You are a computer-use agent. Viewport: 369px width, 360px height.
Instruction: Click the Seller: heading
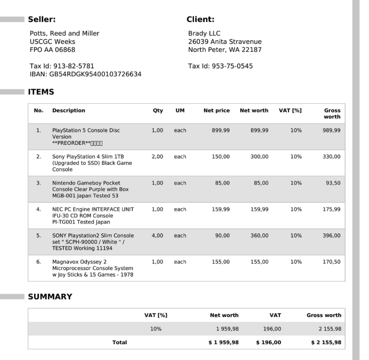click(x=42, y=19)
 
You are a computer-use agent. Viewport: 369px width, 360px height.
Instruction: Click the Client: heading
click(x=200, y=19)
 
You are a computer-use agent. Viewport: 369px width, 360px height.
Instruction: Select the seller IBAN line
click(x=86, y=74)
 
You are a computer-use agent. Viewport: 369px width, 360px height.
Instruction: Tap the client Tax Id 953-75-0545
click(x=220, y=66)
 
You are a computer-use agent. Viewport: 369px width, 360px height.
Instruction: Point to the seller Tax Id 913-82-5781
click(x=62, y=66)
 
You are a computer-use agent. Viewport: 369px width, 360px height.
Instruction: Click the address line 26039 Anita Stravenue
click(x=225, y=42)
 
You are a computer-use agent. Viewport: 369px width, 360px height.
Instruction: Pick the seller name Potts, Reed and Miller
click(x=65, y=33)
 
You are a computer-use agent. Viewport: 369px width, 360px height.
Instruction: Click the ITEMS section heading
click(x=41, y=92)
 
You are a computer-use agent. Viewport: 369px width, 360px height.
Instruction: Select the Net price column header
click(x=217, y=111)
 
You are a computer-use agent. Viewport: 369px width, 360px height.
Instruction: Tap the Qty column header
click(x=158, y=111)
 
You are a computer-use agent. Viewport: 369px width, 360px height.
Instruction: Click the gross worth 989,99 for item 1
click(x=332, y=130)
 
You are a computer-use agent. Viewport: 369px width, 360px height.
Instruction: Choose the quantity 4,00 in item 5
click(x=157, y=236)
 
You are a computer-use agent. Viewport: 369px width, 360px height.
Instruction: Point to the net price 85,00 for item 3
click(x=222, y=183)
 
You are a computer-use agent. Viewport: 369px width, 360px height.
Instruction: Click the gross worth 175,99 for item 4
click(x=332, y=210)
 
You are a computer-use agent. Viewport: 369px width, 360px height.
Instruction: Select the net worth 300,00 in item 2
click(x=259, y=157)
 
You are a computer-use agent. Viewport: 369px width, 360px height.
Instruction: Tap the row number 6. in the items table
click(x=39, y=262)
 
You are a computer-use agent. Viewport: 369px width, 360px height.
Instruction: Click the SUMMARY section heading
click(x=50, y=297)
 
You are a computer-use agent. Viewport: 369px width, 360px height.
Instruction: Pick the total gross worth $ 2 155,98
click(x=326, y=342)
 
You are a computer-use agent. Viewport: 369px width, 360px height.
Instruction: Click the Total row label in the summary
click(x=119, y=342)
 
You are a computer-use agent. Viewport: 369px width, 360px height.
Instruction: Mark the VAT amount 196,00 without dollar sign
click(x=272, y=329)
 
